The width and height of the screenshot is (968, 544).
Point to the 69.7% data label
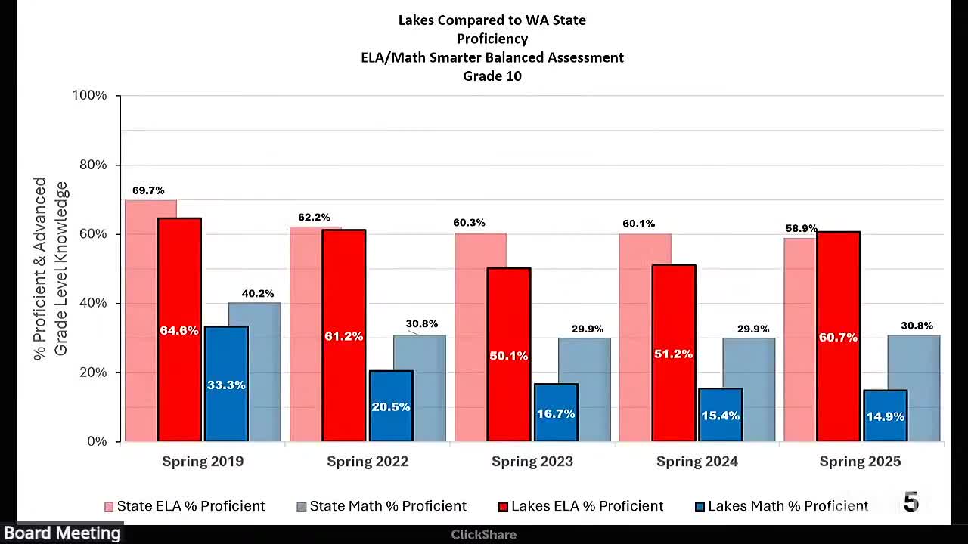pos(148,190)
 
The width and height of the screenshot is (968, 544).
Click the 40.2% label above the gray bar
pos(258,293)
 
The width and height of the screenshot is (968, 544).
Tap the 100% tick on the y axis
pos(89,96)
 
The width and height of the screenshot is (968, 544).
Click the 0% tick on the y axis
pos(97,441)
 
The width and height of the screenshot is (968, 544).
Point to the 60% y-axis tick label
pos(93,234)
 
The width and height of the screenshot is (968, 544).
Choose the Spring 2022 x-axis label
pos(368,462)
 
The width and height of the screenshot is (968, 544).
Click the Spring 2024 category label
pos(697,462)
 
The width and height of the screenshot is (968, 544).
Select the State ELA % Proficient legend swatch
pos(109,507)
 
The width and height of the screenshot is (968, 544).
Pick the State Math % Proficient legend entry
pos(388,506)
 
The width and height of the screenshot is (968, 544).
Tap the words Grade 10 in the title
pos(492,76)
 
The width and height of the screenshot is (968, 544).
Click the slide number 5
pos(911,502)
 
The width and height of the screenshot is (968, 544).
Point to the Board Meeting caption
pos(62,533)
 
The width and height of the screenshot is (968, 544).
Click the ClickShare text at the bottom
pos(483,535)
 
